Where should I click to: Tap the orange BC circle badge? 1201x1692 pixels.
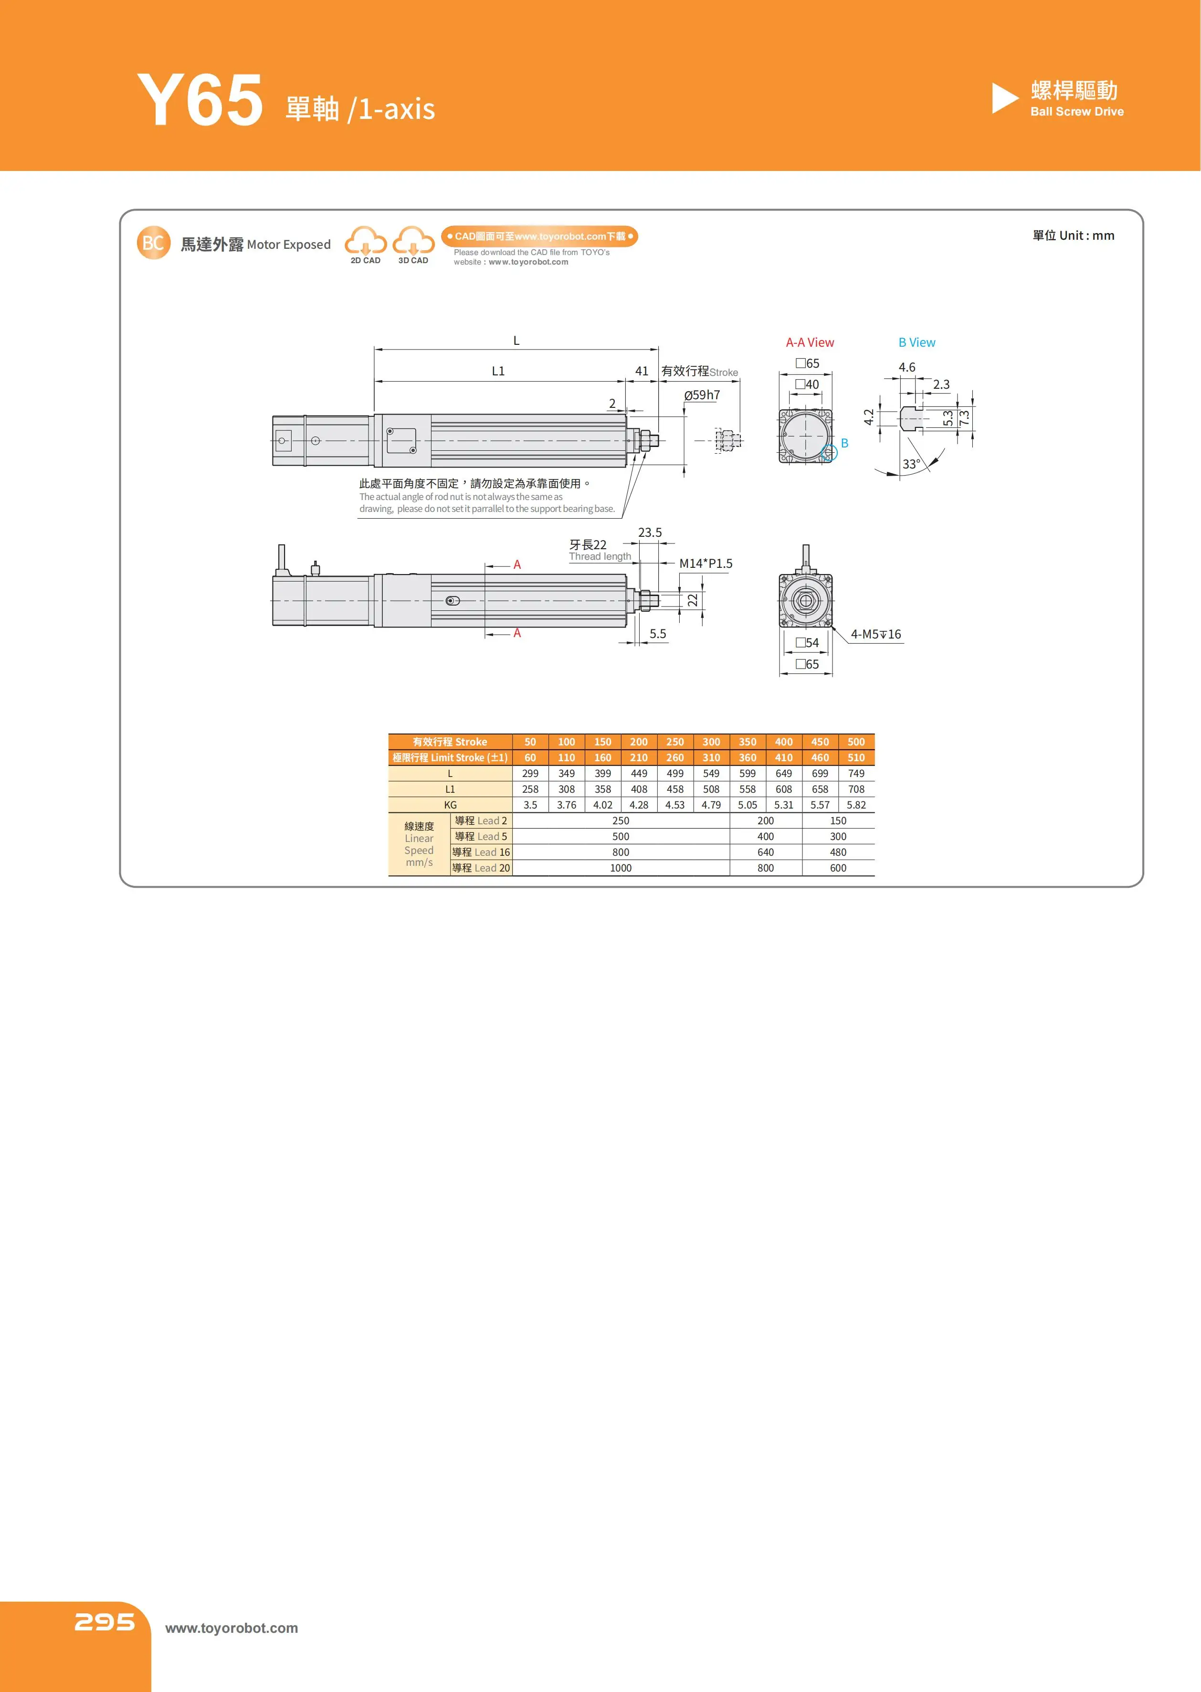[153, 243]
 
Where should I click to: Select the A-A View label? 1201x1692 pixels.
[810, 342]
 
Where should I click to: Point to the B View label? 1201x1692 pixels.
[917, 342]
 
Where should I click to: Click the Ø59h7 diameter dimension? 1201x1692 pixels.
[702, 395]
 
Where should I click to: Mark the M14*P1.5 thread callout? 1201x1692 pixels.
[706, 564]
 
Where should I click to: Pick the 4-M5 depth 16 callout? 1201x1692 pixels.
[875, 634]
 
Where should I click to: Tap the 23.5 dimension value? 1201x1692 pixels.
[650, 532]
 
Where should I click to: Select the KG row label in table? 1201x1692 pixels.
[451, 805]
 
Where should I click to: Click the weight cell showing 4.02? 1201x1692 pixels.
[603, 805]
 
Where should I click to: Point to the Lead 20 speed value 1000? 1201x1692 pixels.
[621, 868]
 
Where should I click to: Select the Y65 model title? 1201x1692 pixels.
[200, 101]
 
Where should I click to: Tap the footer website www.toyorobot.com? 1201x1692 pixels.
[232, 1628]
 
